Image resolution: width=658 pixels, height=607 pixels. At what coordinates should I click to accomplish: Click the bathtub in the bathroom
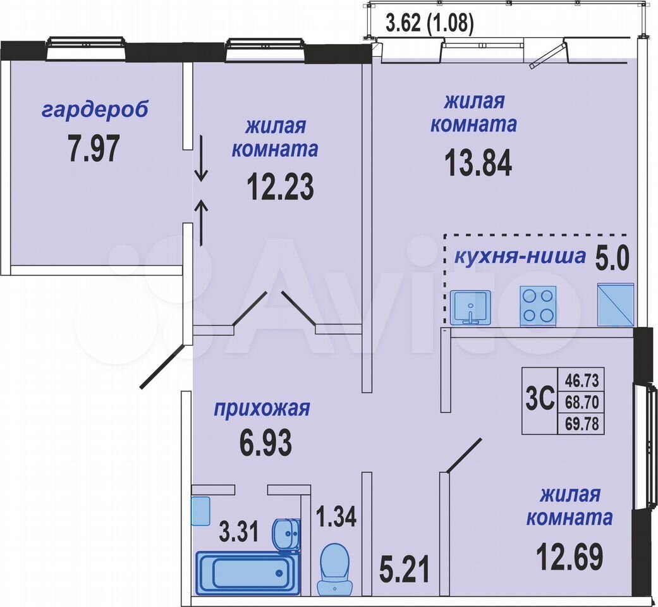coord(248,573)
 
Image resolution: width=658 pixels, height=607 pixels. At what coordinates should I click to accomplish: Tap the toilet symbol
coord(334,569)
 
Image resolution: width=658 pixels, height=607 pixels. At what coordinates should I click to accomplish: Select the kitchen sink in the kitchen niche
coord(470,308)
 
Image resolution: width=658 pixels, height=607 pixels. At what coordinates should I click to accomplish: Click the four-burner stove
coord(538,306)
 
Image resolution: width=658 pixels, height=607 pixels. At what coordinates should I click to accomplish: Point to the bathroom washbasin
coord(286,534)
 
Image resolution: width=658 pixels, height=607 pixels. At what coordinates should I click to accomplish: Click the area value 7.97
coord(94,148)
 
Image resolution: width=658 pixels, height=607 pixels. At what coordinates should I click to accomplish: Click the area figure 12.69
coord(570,556)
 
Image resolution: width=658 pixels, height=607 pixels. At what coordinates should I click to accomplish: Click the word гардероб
coord(95,110)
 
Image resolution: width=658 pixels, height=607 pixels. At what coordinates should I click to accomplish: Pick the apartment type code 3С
coord(540,400)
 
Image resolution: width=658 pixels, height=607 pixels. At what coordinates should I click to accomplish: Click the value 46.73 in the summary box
coord(582,381)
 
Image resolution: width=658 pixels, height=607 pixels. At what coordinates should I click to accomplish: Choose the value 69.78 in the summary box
coord(582,424)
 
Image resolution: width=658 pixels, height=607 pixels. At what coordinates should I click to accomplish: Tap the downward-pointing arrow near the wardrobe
coord(202,158)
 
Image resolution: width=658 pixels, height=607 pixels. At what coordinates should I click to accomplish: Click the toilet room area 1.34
coord(336,517)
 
